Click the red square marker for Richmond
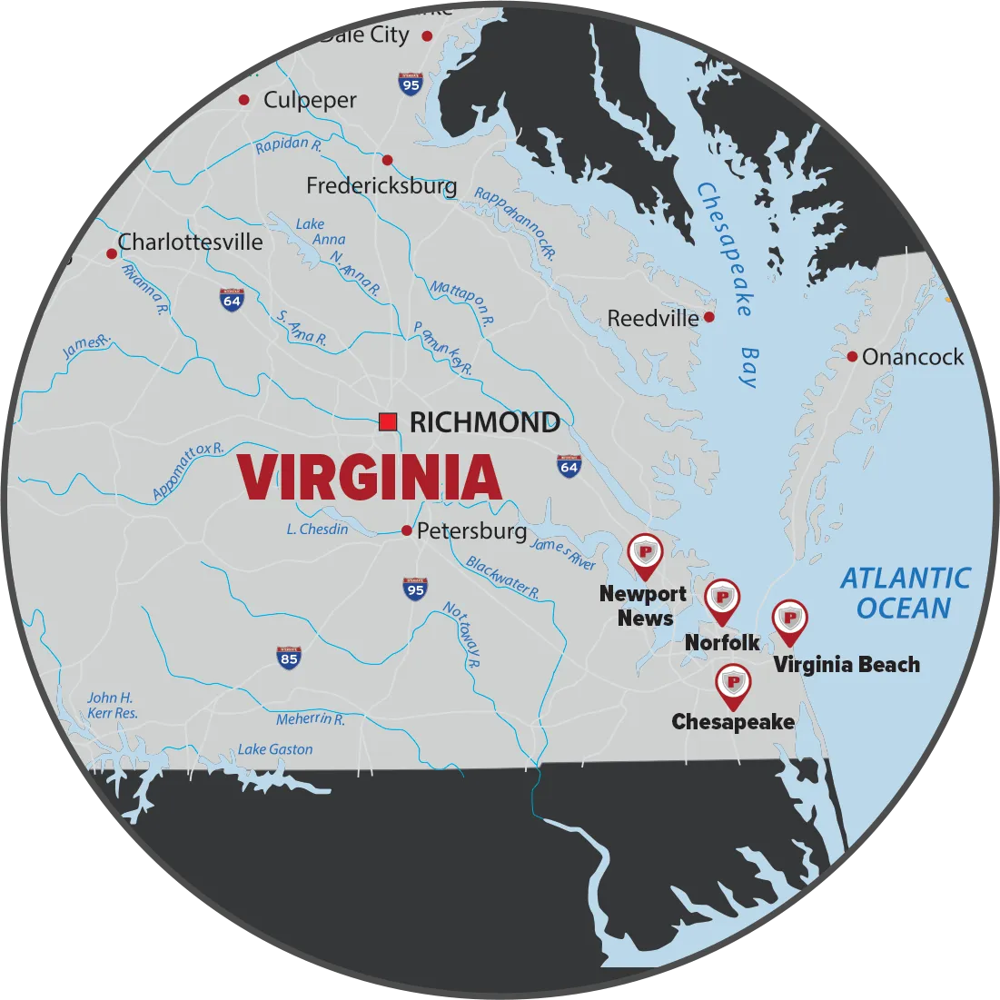coord(388,421)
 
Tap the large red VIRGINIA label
coord(370,479)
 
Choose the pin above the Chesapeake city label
coord(733,685)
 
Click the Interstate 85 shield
coord(289,658)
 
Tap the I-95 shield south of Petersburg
coord(415,589)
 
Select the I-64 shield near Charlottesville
coord(232,300)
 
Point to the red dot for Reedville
coord(709,317)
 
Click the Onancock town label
coord(913,357)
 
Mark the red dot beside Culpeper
coord(243,100)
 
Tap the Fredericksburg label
coord(381,186)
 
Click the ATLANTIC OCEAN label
coord(905,593)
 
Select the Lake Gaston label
coord(275,749)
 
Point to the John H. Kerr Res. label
coord(112,706)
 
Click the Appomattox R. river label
coord(188,471)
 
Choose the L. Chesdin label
coord(317,529)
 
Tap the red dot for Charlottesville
coord(112,253)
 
